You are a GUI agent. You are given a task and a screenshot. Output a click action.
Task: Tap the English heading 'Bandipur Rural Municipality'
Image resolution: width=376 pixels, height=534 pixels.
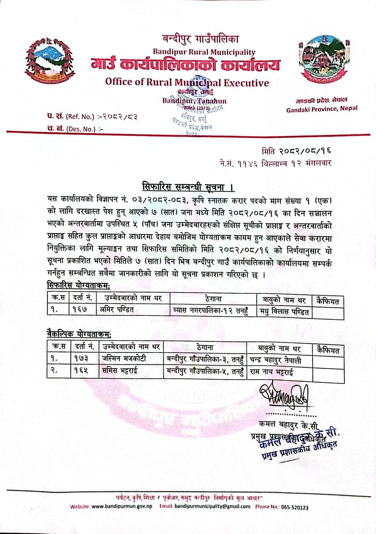point(204,52)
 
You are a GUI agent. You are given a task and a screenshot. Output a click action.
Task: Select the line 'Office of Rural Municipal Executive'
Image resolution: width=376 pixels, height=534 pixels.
point(187,83)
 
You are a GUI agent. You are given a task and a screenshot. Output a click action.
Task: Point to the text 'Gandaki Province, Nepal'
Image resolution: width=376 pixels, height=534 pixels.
point(321,109)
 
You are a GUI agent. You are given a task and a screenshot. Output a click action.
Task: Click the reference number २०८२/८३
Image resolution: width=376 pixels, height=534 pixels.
point(120,116)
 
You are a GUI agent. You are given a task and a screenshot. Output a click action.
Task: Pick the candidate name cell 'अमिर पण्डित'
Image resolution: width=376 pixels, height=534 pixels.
point(118,310)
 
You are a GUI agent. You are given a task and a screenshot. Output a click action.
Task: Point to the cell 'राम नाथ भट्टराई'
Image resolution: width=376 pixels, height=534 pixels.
point(272,372)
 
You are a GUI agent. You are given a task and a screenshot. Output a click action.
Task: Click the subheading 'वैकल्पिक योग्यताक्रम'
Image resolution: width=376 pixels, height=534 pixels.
point(79,334)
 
